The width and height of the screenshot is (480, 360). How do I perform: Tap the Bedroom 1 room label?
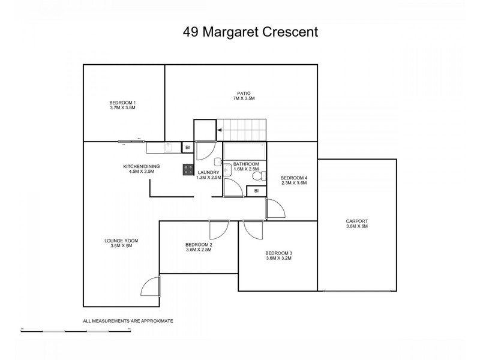click(122, 102)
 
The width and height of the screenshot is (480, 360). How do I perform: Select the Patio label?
click(243, 93)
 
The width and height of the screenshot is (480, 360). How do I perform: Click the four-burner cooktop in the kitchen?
click(187, 170)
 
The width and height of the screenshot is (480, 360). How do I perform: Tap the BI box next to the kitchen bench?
click(187, 147)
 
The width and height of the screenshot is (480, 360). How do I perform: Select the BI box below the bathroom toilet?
click(256, 191)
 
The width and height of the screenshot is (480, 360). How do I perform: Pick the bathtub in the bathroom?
click(244, 150)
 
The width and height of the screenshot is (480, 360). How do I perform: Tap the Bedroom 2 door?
click(217, 229)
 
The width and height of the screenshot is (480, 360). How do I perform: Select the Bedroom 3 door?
click(253, 229)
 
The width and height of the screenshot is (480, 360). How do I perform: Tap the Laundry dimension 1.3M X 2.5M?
click(209, 178)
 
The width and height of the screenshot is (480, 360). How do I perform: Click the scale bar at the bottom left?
click(75, 330)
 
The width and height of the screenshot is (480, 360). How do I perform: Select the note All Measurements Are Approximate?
click(128, 321)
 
